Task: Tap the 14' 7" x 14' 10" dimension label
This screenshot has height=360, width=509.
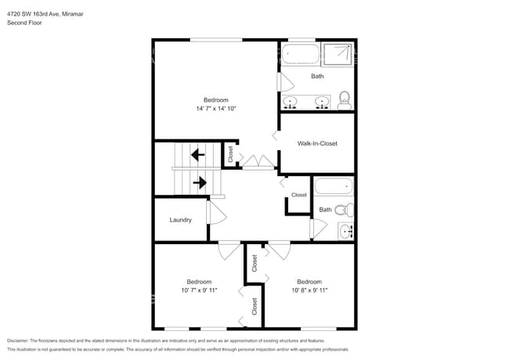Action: pyautogui.click(x=215, y=109)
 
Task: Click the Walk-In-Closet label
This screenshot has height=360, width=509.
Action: pyautogui.click(x=317, y=143)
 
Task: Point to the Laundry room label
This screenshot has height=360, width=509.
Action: pyautogui.click(x=181, y=220)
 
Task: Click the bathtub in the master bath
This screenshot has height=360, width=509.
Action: pyautogui.click(x=301, y=55)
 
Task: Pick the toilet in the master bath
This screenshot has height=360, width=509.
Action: pyautogui.click(x=343, y=99)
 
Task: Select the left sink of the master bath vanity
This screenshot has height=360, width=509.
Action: pyautogui.click(x=291, y=102)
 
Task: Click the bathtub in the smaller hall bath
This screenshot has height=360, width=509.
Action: pyautogui.click(x=334, y=188)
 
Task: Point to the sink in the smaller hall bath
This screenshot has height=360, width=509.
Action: pyautogui.click(x=346, y=231)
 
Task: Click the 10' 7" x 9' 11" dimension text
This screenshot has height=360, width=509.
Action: pyautogui.click(x=199, y=290)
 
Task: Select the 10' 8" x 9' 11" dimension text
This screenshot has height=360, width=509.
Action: pyautogui.click(x=309, y=290)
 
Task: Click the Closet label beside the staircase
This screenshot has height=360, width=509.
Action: pyautogui.click(x=230, y=154)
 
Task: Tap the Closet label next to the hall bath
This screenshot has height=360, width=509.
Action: pyautogui.click(x=299, y=195)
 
